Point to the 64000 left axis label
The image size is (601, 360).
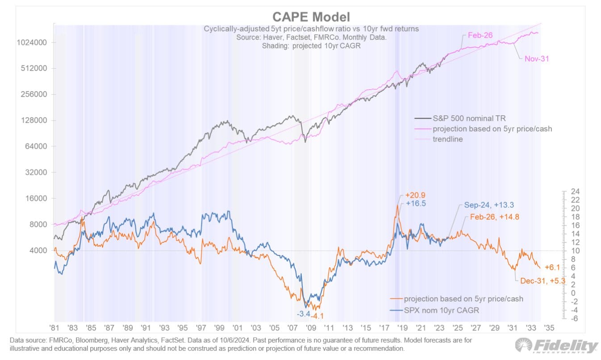tap(36, 147)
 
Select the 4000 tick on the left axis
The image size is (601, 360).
tap(38, 251)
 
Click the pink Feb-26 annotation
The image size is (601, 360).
tap(480, 35)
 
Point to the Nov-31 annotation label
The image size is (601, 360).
tap(536, 58)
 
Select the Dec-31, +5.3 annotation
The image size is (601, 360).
tap(543, 281)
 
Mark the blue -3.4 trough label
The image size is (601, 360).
tap(304, 314)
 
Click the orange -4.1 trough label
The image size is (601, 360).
tap(318, 316)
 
